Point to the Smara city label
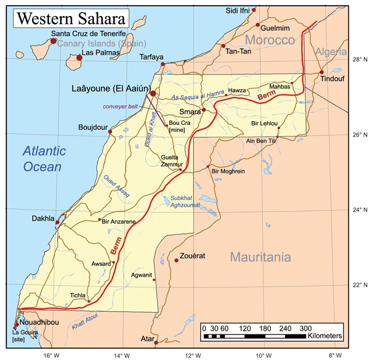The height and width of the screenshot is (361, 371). [190, 113]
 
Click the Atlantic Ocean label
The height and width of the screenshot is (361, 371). [43, 158]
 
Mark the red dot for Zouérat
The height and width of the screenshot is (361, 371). [177, 260]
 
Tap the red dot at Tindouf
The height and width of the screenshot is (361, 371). [322, 72]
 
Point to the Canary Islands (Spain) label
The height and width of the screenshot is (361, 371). [101, 43]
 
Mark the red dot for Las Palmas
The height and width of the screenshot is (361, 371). [79, 58]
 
